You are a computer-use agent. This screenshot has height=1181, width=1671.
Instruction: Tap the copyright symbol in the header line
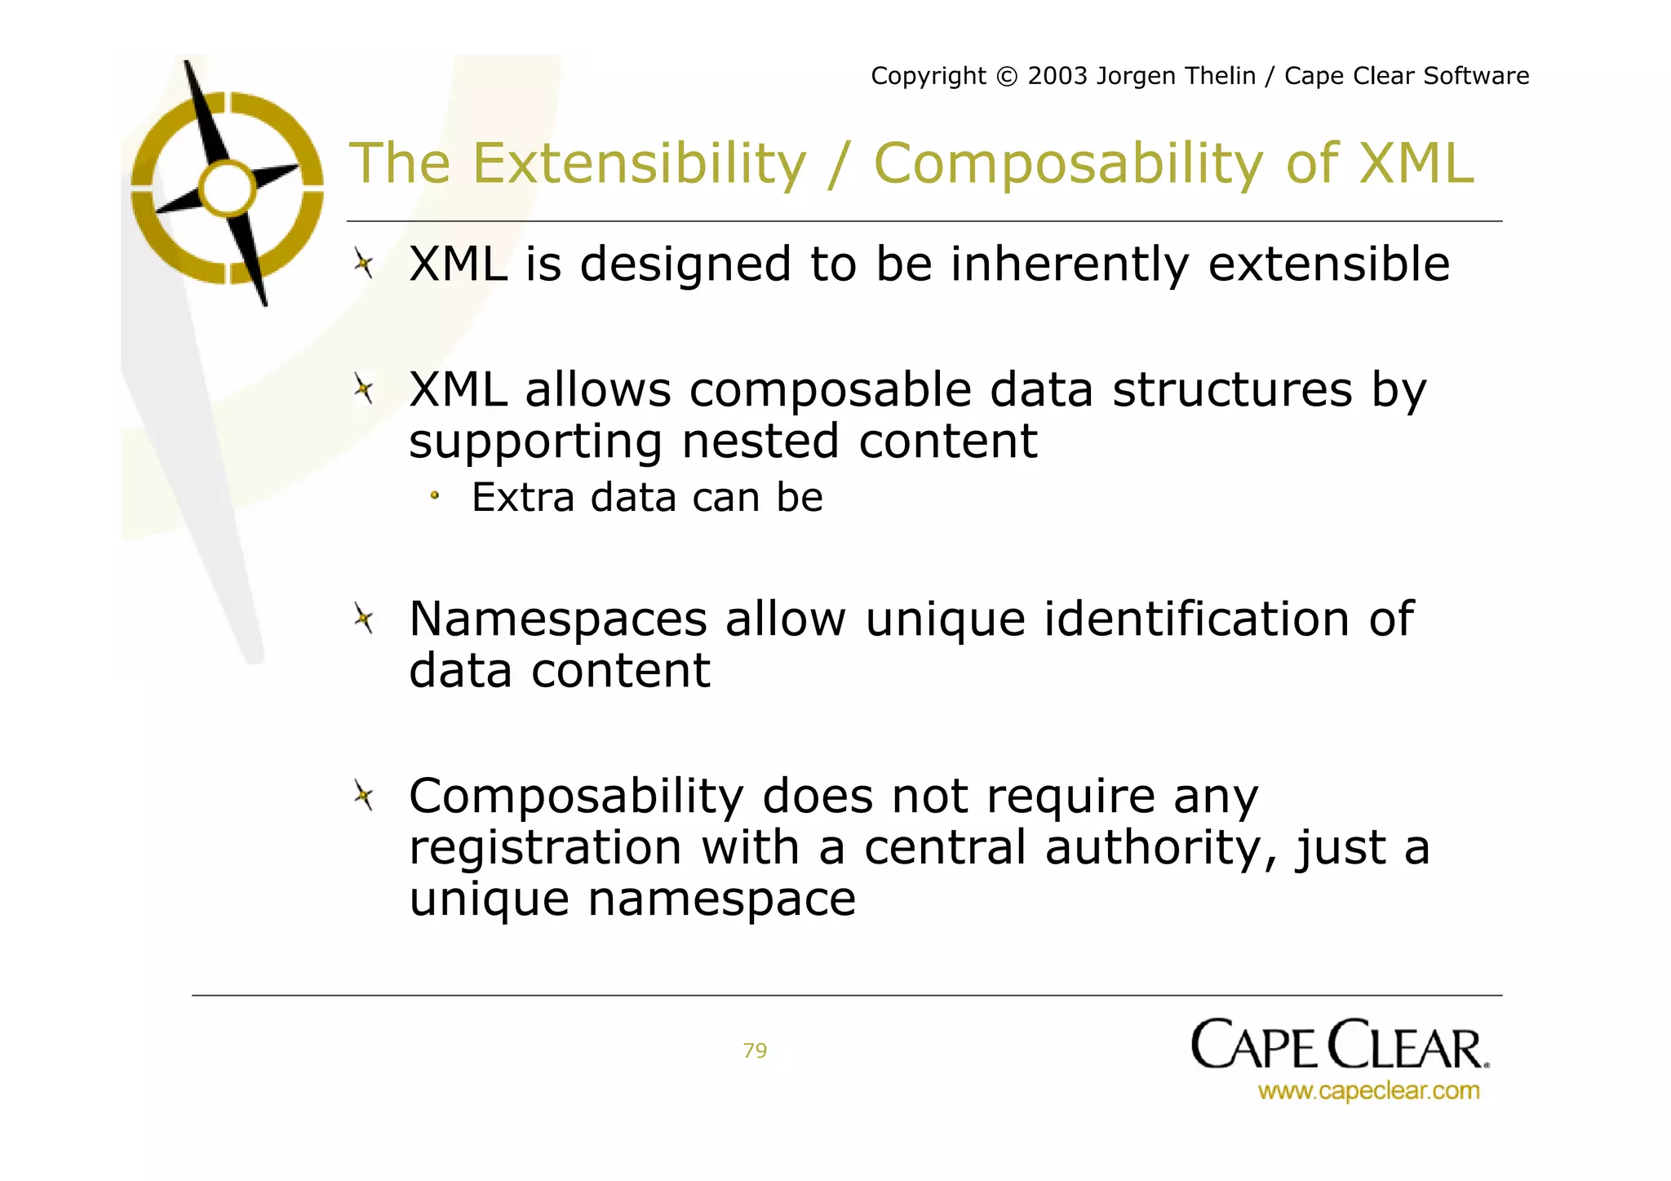[x=1007, y=77]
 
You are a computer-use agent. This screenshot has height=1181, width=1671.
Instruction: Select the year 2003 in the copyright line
[x=1057, y=76]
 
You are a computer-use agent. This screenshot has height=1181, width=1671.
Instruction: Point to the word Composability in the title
[x=1068, y=165]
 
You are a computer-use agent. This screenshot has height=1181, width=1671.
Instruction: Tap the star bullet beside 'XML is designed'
[x=364, y=264]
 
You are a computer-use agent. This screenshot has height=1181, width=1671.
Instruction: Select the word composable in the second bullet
[x=830, y=390]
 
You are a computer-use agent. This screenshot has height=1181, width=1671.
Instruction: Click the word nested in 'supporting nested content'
[x=760, y=442]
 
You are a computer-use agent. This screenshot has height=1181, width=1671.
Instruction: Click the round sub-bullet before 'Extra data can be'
[x=435, y=495]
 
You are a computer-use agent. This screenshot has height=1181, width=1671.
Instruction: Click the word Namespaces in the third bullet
[x=558, y=619]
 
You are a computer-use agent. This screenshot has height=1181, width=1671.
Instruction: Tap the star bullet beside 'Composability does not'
[x=364, y=795]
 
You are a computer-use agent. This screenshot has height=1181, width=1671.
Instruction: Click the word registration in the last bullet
[x=545, y=847]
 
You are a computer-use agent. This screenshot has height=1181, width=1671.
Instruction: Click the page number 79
[x=755, y=1050]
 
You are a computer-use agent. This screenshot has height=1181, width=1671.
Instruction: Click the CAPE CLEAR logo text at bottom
[x=1338, y=1046]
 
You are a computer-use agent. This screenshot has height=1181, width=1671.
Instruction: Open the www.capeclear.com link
[x=1368, y=1091]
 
